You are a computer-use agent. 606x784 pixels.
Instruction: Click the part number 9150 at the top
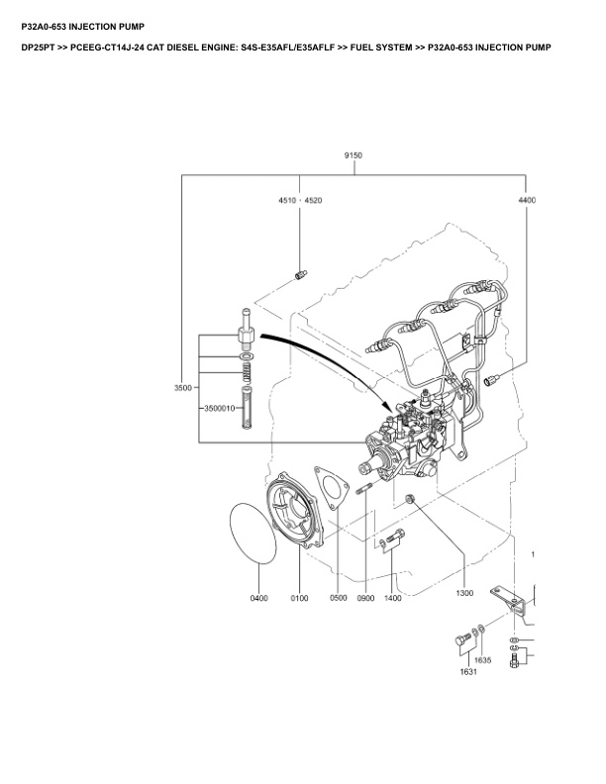click(353, 155)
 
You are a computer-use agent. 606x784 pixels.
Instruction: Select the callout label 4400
click(527, 200)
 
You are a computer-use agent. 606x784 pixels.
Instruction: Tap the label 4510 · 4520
click(299, 200)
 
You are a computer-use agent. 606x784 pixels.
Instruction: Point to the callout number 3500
click(182, 388)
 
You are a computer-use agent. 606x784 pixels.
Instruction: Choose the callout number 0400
click(258, 598)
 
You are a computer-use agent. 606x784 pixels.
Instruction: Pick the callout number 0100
click(300, 598)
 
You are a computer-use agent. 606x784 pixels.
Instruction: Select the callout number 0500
click(339, 598)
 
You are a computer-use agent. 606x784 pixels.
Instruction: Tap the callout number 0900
click(365, 598)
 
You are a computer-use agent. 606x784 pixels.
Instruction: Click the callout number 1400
click(393, 598)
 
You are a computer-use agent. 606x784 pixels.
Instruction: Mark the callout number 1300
click(464, 593)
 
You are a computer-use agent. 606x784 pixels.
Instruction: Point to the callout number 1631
click(467, 672)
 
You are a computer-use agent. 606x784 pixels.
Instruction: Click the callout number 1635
click(483, 659)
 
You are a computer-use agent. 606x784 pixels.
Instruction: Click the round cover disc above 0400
click(255, 535)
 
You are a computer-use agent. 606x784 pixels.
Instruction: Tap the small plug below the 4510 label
click(300, 274)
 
